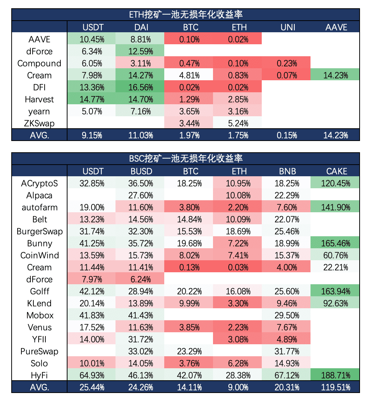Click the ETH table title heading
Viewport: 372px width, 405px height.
pos(186,15)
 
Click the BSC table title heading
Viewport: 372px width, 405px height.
pos(186,159)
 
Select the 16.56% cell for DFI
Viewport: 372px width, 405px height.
pos(140,87)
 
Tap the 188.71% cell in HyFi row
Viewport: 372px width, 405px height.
pos(335,375)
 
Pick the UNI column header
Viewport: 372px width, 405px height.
pos(286,27)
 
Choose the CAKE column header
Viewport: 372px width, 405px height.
pos(335,171)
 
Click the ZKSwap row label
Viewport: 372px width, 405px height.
pos(39,123)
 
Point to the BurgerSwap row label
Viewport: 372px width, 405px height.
pos(39,231)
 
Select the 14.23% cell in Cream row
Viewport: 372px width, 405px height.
pos(335,75)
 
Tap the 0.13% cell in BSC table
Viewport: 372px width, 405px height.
pos(189,267)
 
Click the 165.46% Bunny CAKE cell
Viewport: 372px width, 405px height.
pos(335,243)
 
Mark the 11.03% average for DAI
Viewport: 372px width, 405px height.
pos(140,135)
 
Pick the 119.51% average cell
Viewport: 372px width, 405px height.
pos(335,387)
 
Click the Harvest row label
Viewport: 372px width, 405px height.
pos(39,99)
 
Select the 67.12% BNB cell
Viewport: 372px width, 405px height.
pos(286,375)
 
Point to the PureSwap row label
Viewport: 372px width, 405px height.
pos(39,351)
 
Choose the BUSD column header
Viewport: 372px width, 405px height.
pos(140,171)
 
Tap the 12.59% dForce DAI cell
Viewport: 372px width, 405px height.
pos(140,51)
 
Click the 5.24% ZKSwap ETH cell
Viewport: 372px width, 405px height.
pos(237,123)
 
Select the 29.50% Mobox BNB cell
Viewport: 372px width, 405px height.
pos(286,315)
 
